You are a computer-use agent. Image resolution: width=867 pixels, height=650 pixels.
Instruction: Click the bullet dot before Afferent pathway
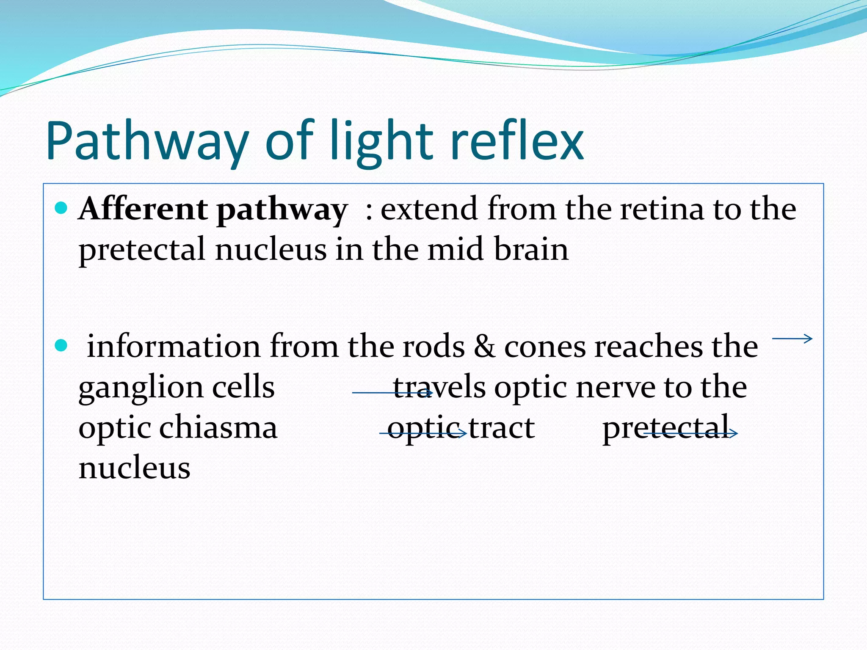pyautogui.click(x=61, y=208)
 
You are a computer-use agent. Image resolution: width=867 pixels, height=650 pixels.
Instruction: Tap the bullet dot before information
pyautogui.click(x=61, y=345)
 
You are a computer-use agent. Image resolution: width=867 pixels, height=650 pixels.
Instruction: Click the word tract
pyautogui.click(x=501, y=428)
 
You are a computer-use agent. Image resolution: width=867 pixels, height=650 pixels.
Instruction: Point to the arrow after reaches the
pyautogui.click(x=792, y=339)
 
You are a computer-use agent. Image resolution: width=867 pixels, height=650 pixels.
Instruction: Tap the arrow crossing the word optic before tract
pyautogui.click(x=423, y=433)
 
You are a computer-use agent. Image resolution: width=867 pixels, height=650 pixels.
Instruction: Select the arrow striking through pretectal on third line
pyautogui.click(x=690, y=433)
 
